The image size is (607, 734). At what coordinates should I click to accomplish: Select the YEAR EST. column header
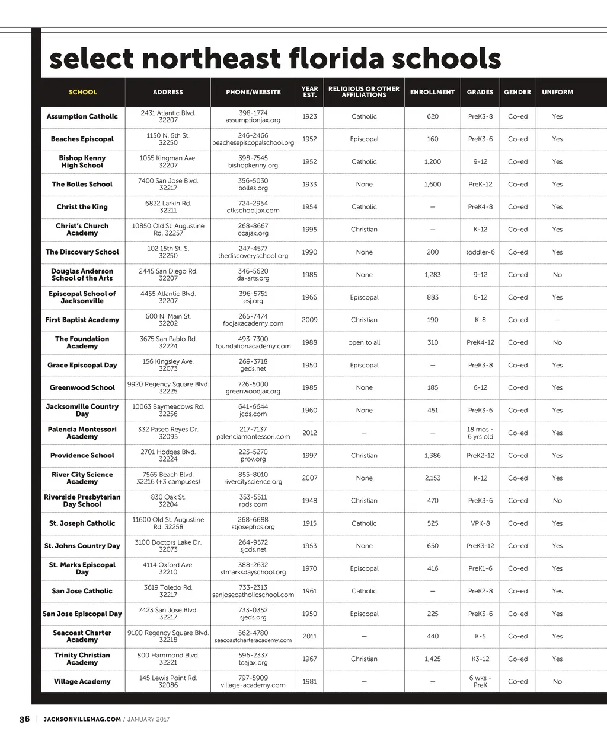point(309,92)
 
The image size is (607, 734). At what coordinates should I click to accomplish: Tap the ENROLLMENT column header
point(433,92)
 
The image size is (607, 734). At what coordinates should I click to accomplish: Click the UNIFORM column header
point(557,92)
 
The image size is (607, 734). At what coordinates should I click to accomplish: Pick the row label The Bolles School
point(82,185)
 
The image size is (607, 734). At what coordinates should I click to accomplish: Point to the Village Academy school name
point(82,682)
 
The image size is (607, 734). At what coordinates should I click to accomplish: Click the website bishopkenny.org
point(253,166)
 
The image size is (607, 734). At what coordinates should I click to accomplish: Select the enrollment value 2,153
point(433,478)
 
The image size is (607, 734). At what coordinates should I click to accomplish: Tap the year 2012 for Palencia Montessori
point(309,433)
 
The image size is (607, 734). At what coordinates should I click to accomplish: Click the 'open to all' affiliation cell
point(364,342)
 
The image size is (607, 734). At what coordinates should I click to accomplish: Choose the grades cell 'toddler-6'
point(480,252)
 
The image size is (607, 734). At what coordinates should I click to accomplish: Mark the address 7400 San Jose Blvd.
point(168,180)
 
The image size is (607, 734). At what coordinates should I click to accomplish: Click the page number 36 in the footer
point(24,719)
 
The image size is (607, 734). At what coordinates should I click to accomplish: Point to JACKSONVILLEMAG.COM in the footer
point(82,719)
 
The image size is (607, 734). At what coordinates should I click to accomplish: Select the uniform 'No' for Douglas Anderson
point(557,275)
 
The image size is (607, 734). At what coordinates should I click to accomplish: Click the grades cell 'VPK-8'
point(480,523)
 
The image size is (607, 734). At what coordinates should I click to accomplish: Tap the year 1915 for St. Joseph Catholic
point(309,523)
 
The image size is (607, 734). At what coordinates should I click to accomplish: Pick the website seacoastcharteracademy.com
point(253,640)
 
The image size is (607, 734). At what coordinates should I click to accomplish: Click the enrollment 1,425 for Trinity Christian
point(433,659)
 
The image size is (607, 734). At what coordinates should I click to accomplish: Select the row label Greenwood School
point(82,388)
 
